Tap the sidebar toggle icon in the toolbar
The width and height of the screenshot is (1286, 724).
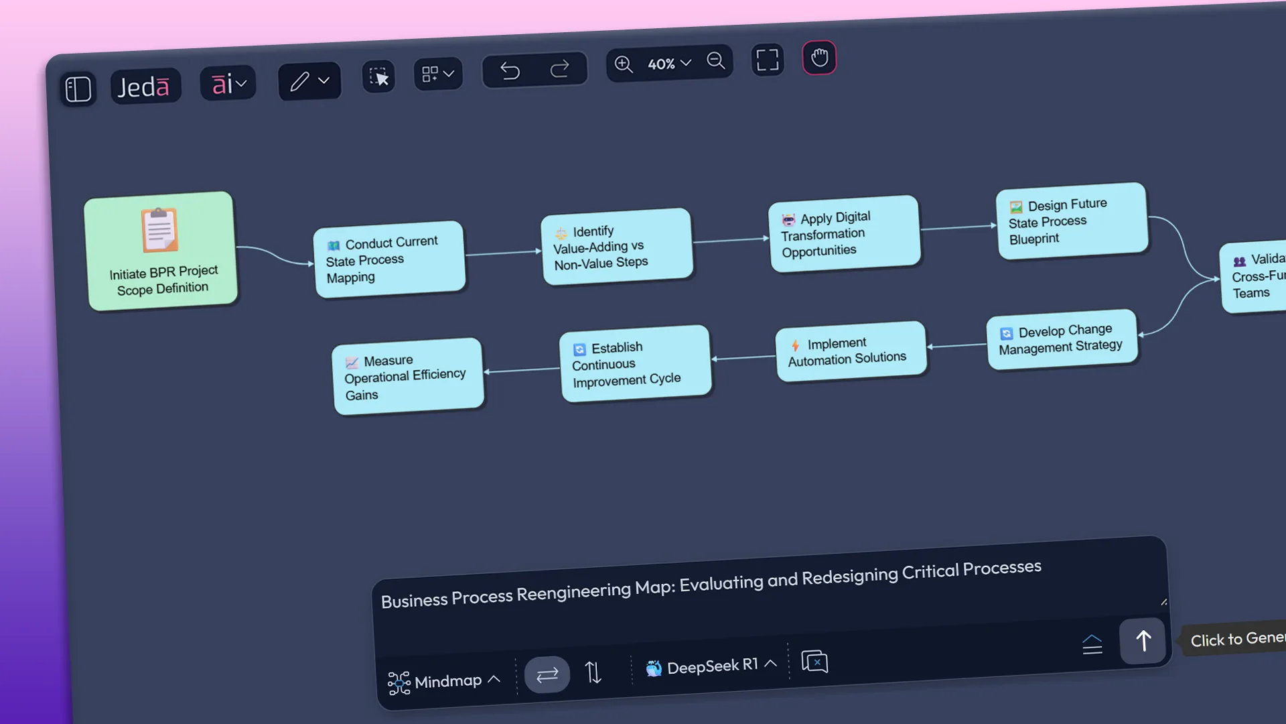[x=78, y=89]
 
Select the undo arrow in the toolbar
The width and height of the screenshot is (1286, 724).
[x=510, y=70]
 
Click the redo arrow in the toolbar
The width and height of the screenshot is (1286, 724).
[x=559, y=68]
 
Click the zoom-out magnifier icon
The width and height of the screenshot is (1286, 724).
[x=716, y=61]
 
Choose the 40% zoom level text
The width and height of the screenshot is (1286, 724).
[x=661, y=64]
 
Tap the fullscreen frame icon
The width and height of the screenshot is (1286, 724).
[x=768, y=60]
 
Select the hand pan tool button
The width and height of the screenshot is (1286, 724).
[x=819, y=58]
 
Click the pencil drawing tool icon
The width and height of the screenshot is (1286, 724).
[x=299, y=81]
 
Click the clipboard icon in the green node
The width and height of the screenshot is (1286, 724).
[x=159, y=230]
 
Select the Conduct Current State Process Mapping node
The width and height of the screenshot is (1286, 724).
[x=389, y=259]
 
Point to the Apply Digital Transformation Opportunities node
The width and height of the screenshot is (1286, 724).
[x=845, y=234]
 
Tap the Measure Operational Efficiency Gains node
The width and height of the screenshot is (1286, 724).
[x=407, y=377]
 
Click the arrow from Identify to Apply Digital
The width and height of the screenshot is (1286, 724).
[x=730, y=240]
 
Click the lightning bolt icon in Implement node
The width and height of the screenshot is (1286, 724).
[x=795, y=345]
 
